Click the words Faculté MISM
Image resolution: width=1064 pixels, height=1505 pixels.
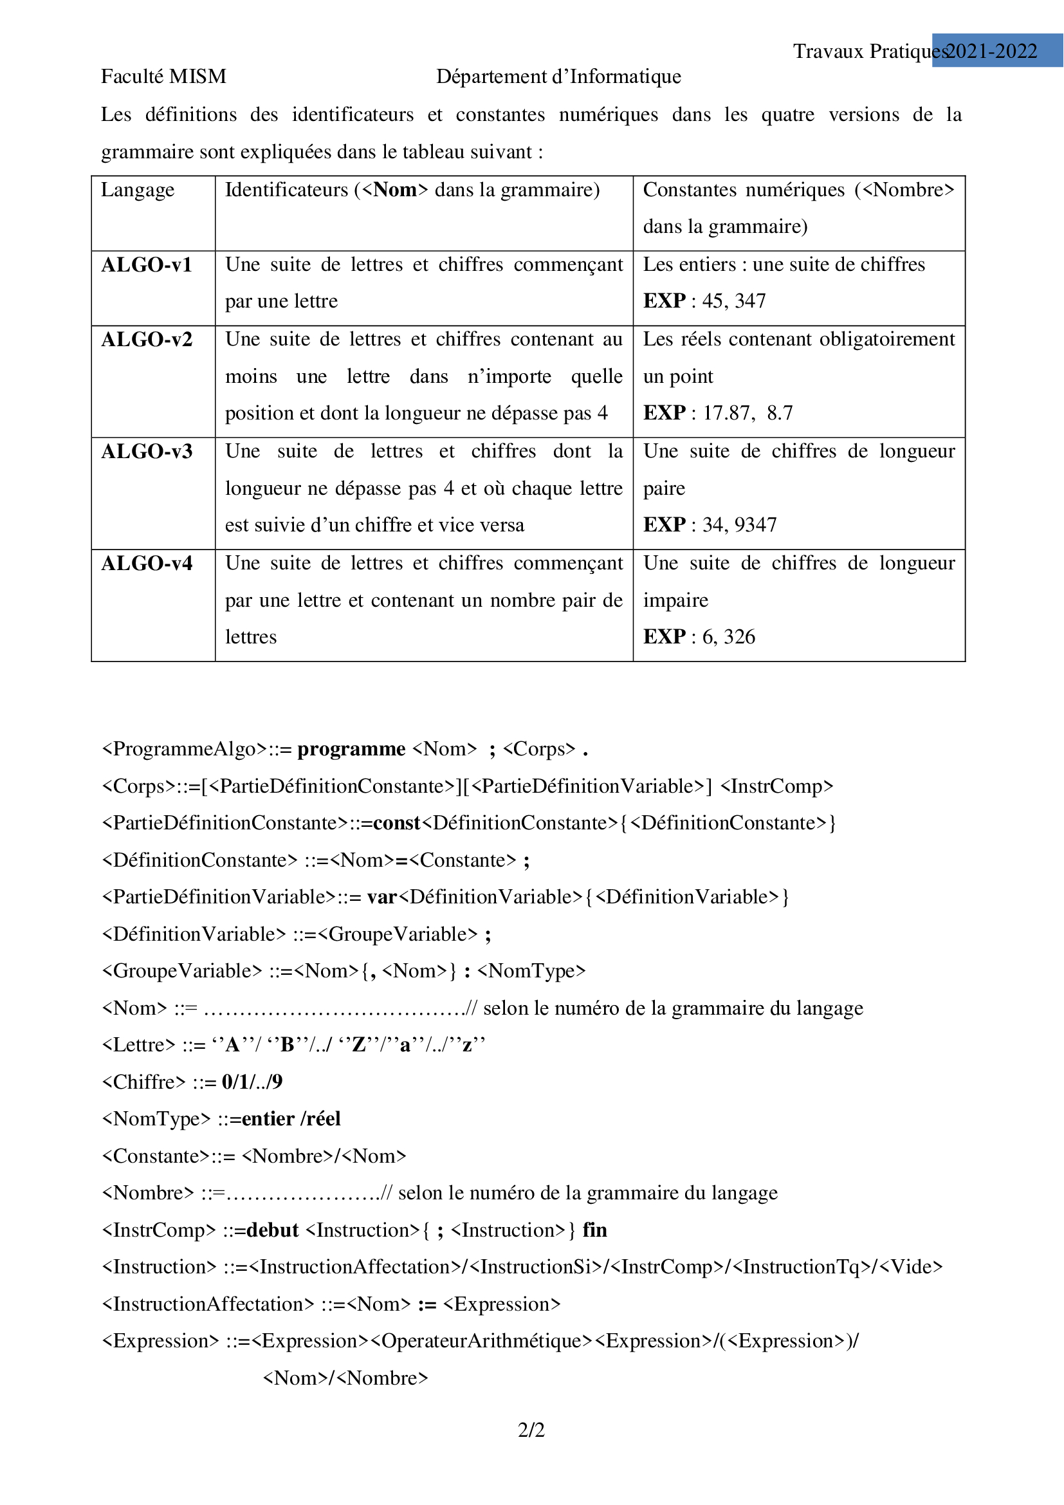164,77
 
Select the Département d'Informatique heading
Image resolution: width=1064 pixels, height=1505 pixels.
558,77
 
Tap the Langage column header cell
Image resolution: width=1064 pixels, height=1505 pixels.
138,190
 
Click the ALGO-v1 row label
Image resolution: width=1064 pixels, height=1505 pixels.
147,265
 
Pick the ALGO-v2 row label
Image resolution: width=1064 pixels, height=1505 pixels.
147,340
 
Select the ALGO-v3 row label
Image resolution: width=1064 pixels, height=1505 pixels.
147,452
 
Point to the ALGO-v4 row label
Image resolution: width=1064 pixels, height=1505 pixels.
147,564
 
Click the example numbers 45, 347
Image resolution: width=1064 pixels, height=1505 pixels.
734,301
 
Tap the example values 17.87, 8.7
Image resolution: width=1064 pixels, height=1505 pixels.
748,413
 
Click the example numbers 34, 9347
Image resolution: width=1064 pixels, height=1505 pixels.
739,525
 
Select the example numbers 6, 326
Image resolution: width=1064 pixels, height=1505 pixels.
729,637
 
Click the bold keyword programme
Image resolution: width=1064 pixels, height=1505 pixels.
351,749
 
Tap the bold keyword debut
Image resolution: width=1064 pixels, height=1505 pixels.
273,1230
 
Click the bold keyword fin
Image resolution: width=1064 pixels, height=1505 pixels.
594,1230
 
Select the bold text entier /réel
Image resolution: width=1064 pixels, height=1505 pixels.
291,1119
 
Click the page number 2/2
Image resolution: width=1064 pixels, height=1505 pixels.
531,1430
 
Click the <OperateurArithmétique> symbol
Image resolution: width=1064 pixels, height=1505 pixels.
482,1341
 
